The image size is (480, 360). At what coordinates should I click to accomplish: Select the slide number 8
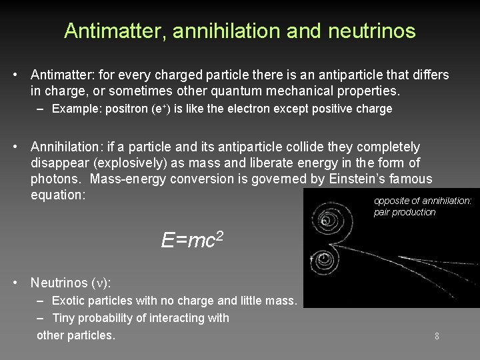[437, 336]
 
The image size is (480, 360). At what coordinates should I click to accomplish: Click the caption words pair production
[405, 213]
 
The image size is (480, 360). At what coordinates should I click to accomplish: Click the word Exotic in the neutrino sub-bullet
[69, 301]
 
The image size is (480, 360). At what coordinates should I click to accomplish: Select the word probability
[107, 318]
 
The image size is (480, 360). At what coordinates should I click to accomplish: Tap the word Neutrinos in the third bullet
[57, 283]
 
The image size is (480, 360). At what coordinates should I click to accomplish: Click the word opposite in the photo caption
[393, 201]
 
